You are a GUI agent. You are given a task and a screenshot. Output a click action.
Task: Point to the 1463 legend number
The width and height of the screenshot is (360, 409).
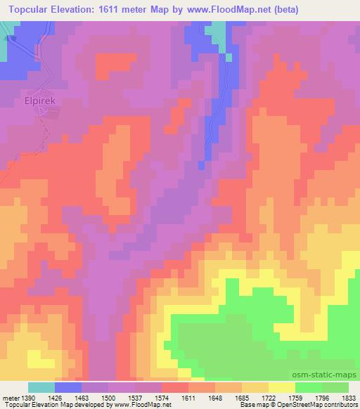[x=82, y=397]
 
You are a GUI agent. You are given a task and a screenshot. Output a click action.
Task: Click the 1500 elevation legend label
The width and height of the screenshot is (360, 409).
[x=108, y=397]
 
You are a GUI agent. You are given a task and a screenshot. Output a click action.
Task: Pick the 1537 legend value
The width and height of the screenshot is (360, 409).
[x=135, y=397]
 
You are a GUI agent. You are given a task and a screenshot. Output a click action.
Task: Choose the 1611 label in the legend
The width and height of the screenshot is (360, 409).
[x=188, y=397]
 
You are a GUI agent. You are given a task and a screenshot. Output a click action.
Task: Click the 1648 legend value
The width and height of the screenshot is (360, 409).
[x=215, y=397]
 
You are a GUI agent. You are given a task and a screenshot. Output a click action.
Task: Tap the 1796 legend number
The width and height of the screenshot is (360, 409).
[x=322, y=397]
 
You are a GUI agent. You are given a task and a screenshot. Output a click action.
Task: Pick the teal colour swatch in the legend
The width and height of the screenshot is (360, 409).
[x=41, y=387]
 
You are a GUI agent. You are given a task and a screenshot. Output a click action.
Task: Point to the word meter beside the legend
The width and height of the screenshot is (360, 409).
[x=10, y=397]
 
